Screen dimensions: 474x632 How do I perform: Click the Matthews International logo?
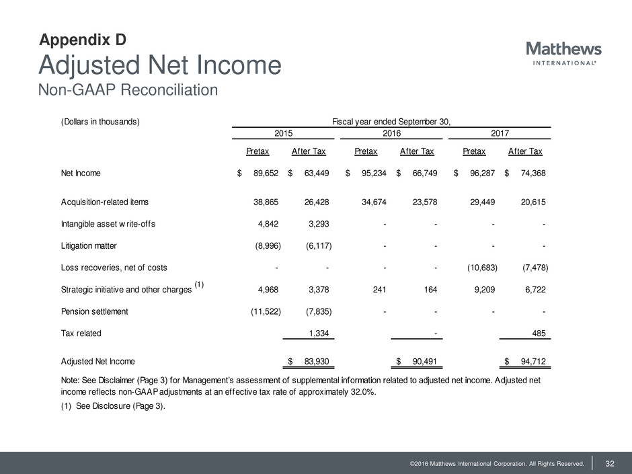[563, 53]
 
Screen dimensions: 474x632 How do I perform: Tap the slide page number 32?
[610, 462]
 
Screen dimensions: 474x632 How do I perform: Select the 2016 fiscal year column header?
[392, 134]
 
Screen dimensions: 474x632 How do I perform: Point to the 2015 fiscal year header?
[282, 134]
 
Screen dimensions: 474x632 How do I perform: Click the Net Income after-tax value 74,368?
[530, 173]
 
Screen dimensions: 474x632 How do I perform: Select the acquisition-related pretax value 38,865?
[263, 202]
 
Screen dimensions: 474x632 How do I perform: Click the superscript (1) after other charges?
[199, 284]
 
